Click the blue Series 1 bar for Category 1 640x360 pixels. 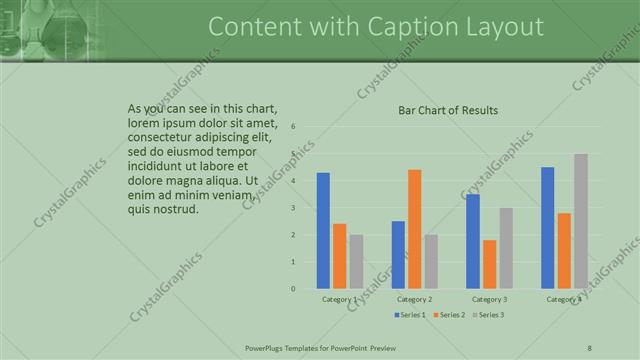pyautogui.click(x=323, y=230)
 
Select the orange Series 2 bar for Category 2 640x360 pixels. pyautogui.click(x=414, y=229)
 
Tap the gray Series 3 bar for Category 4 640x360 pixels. pyautogui.click(x=581, y=221)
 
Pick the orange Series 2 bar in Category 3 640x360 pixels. pyautogui.click(x=489, y=264)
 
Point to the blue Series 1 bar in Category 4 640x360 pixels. pyautogui.click(x=547, y=227)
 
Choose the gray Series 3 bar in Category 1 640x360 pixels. pyautogui.click(x=356, y=261)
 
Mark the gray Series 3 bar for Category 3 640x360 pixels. pyautogui.click(x=506, y=248)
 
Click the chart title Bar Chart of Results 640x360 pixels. pyautogui.click(x=448, y=110)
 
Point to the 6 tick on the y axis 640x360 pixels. pyautogui.click(x=293, y=127)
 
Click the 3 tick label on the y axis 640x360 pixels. pyautogui.click(x=293, y=208)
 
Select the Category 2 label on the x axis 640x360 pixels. pyautogui.click(x=414, y=299)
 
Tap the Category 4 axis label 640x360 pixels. pyautogui.click(x=564, y=299)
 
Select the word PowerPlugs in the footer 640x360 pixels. pyautogui.click(x=265, y=347)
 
